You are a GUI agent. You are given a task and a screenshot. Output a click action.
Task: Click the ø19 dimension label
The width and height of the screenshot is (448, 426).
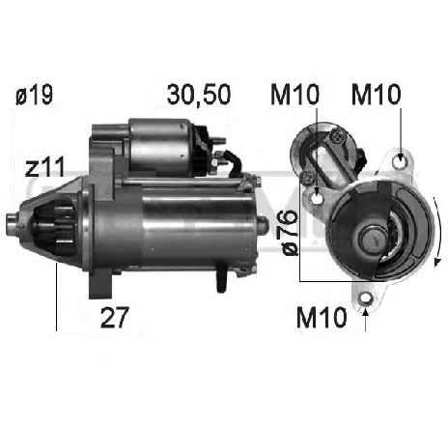coord(34,95)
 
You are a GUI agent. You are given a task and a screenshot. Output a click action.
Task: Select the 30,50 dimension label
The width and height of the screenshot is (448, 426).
coord(199,95)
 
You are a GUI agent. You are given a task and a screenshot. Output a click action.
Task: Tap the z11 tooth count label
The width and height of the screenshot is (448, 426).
coord(45,167)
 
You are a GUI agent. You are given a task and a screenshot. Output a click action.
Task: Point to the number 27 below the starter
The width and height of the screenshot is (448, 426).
coord(115,318)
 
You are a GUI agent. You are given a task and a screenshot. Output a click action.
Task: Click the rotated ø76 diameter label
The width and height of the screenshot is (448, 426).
coord(287,233)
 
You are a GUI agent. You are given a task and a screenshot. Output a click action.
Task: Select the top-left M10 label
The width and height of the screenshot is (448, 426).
coord(294,95)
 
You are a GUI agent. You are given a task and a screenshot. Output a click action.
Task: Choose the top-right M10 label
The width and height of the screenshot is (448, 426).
coord(377,95)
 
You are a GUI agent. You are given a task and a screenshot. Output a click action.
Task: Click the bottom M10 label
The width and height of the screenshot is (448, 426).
coord(322,318)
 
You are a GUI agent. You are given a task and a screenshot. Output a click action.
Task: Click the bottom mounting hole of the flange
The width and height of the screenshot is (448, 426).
coord(365,298)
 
